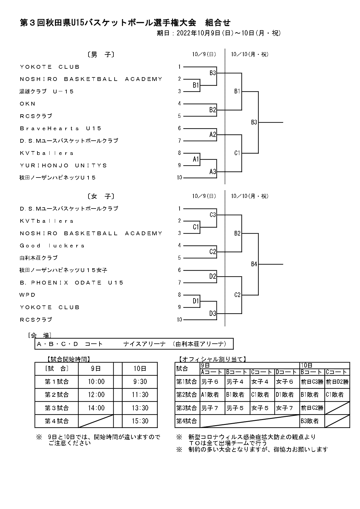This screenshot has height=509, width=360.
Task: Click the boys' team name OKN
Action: [28, 104]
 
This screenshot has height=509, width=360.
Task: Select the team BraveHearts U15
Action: [61, 128]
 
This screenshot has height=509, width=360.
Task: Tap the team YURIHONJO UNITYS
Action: [64, 166]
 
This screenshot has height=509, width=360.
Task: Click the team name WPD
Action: [28, 295]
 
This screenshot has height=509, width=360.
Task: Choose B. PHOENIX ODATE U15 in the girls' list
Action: [72, 283]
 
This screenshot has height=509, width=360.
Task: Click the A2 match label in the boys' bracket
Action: [213, 135]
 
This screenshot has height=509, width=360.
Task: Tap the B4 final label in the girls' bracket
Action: [254, 264]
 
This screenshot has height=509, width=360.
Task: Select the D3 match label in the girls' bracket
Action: [213, 314]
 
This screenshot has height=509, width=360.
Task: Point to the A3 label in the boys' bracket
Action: [213, 172]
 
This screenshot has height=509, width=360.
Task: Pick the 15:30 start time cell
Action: [140, 421]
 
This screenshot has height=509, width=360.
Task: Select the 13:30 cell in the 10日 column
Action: [140, 408]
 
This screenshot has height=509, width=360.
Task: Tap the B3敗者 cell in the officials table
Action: [310, 421]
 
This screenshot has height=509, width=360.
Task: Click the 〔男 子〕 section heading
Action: [100, 55]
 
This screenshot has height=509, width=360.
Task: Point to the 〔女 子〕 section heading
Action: [100, 196]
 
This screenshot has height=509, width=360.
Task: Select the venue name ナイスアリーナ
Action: [144, 344]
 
